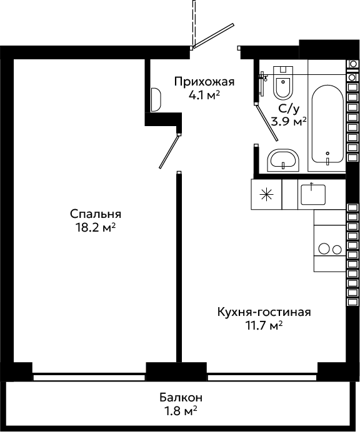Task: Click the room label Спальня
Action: tap(96, 214)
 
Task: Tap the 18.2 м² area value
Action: tap(96, 228)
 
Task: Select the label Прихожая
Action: tap(204, 82)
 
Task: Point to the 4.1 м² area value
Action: tap(204, 96)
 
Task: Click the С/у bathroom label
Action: tap(289, 109)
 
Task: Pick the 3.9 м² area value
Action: tap(289, 121)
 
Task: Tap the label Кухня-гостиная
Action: tap(264, 312)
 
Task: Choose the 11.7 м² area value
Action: tap(264, 326)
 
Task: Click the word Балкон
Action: tap(181, 398)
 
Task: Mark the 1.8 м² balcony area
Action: tap(181, 411)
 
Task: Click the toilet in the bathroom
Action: tap(283, 82)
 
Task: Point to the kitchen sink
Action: tap(313, 195)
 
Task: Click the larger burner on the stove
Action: tap(324, 248)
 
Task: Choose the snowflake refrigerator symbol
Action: tap(266, 195)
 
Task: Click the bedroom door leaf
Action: tap(169, 151)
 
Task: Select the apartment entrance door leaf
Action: tap(214, 36)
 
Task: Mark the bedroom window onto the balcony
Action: tap(89, 376)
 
